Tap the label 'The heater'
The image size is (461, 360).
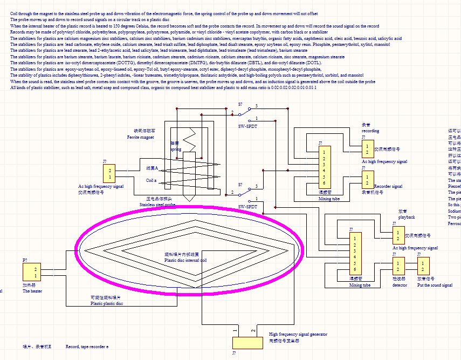pyautogui.click(x=32, y=291)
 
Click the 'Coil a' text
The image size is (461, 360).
pyautogui.click(x=152, y=180)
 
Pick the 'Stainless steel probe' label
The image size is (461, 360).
pyautogui.click(x=157, y=205)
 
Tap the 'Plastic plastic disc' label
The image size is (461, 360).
pyautogui.click(x=106, y=303)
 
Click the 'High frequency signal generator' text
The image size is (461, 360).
pyautogui.click(x=298, y=334)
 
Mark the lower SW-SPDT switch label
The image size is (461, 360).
pyautogui.click(x=247, y=206)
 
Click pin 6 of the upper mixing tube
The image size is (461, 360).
pyautogui.click(x=324, y=182)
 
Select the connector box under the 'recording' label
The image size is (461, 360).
pyautogui.click(x=367, y=149)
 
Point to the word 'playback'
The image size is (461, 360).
pyautogui.click(x=407, y=217)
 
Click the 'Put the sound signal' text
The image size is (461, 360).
pyautogui.click(x=435, y=285)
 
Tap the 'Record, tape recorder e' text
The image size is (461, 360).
pyautogui.click(x=87, y=346)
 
